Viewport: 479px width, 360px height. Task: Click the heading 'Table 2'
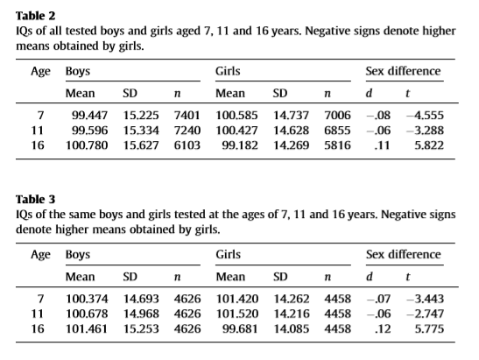35,16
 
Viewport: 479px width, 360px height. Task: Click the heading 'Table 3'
35,200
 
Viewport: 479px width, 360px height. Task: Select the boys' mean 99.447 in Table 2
90,116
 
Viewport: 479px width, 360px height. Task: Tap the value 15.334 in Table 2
141,131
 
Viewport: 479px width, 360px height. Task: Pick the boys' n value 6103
187,145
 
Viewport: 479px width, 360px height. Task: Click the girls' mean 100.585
236,116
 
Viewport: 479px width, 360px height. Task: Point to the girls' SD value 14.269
291,145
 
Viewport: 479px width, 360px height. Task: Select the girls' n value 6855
337,131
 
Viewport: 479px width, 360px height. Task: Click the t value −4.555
425,116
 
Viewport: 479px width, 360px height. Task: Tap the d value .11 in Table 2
382,145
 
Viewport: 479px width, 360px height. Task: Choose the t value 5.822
429,145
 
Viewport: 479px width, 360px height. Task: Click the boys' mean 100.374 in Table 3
87,299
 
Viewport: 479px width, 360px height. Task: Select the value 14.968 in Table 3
141,314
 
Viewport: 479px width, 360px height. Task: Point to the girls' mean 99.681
240,328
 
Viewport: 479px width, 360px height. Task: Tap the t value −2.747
425,314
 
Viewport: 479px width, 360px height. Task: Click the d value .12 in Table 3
382,328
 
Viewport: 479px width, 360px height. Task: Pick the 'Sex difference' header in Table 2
403,71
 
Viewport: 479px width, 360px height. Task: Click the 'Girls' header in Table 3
229,255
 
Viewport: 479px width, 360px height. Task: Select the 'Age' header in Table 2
40,72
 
